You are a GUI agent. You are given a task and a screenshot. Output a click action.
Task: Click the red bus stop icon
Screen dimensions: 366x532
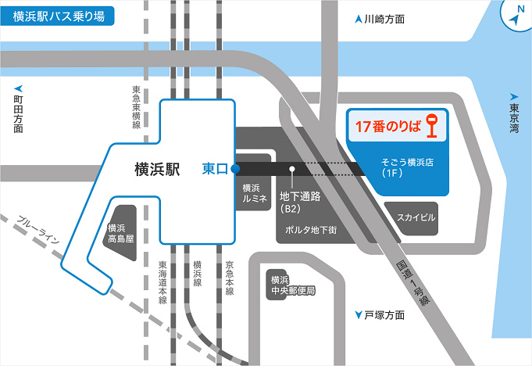[432, 125]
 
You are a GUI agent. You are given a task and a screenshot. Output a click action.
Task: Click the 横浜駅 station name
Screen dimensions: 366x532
[157, 168]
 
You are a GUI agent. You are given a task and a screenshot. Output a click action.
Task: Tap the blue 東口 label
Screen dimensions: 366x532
[215, 167]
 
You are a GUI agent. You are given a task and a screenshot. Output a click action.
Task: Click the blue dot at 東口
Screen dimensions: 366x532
[235, 167]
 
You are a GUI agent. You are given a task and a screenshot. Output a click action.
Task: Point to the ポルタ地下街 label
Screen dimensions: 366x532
[311, 230]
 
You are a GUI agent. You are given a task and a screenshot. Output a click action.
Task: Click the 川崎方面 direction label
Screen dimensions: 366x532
[380, 19]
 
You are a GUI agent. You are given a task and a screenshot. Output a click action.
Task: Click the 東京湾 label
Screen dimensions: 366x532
[513, 114]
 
